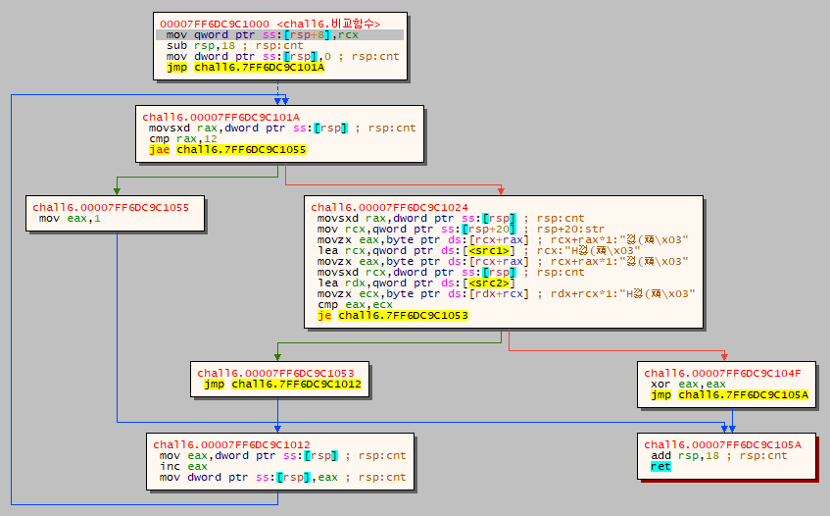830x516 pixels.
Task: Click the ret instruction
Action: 661,467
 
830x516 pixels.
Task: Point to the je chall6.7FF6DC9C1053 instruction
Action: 393,316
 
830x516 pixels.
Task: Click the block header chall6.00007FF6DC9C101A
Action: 220,117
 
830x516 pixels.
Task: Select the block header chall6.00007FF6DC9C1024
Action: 389,207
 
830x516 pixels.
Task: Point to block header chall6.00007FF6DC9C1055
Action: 118,207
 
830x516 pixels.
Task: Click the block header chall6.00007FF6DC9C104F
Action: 722,373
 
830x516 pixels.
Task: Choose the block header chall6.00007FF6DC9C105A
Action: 722,444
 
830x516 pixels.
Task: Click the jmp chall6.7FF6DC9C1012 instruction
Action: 284,385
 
